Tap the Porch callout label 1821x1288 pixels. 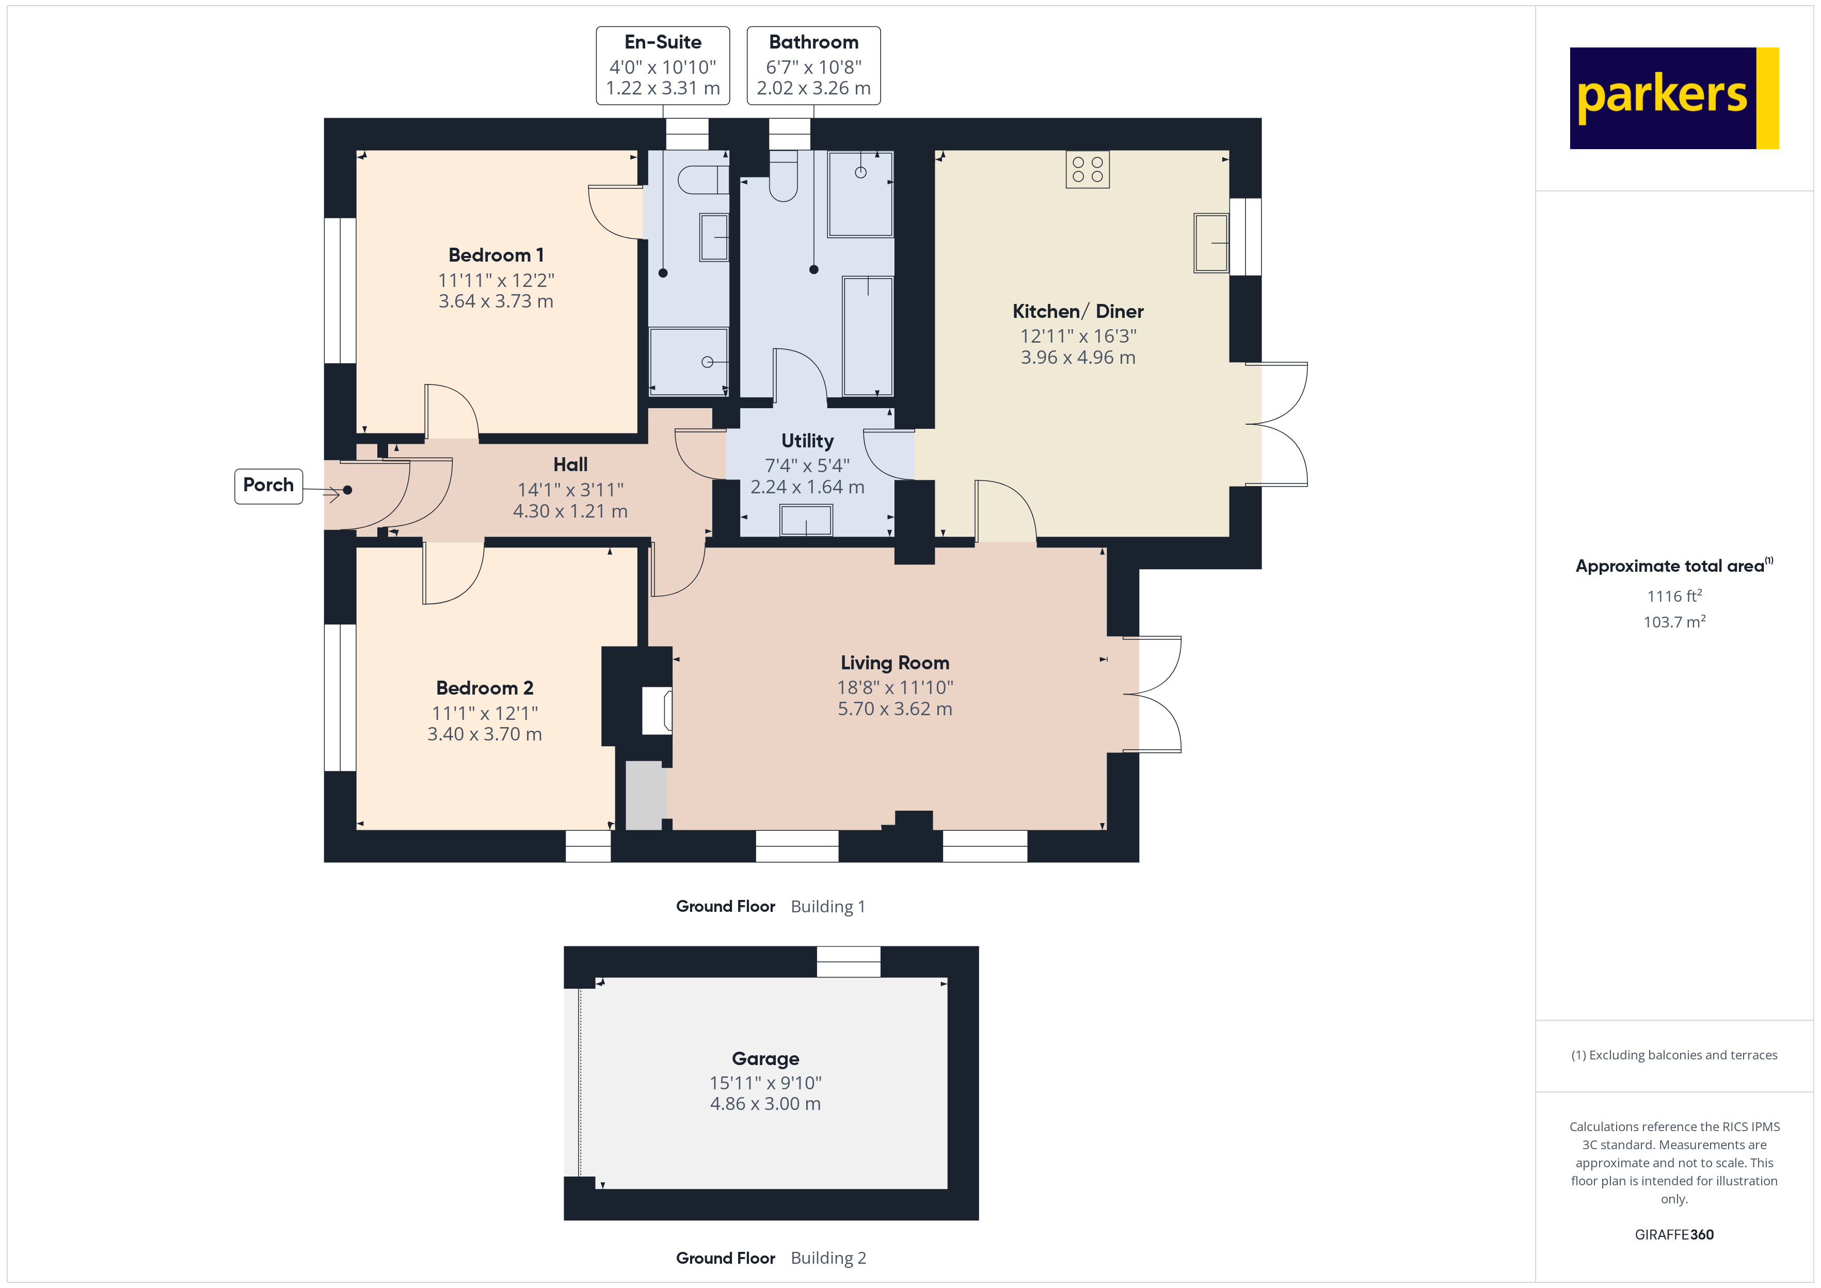click(x=268, y=486)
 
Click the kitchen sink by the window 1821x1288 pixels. click(x=1210, y=243)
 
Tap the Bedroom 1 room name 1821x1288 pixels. click(x=496, y=255)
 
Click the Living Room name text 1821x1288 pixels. click(x=894, y=663)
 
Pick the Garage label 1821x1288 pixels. click(x=765, y=1059)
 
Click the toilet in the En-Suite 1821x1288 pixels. click(x=702, y=180)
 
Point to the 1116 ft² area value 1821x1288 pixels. click(x=1673, y=595)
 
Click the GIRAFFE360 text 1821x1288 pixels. click(x=1673, y=1235)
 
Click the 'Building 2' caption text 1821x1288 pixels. click(x=828, y=1259)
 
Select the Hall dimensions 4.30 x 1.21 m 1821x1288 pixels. click(x=570, y=511)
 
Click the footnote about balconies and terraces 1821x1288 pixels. click(x=1673, y=1055)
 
